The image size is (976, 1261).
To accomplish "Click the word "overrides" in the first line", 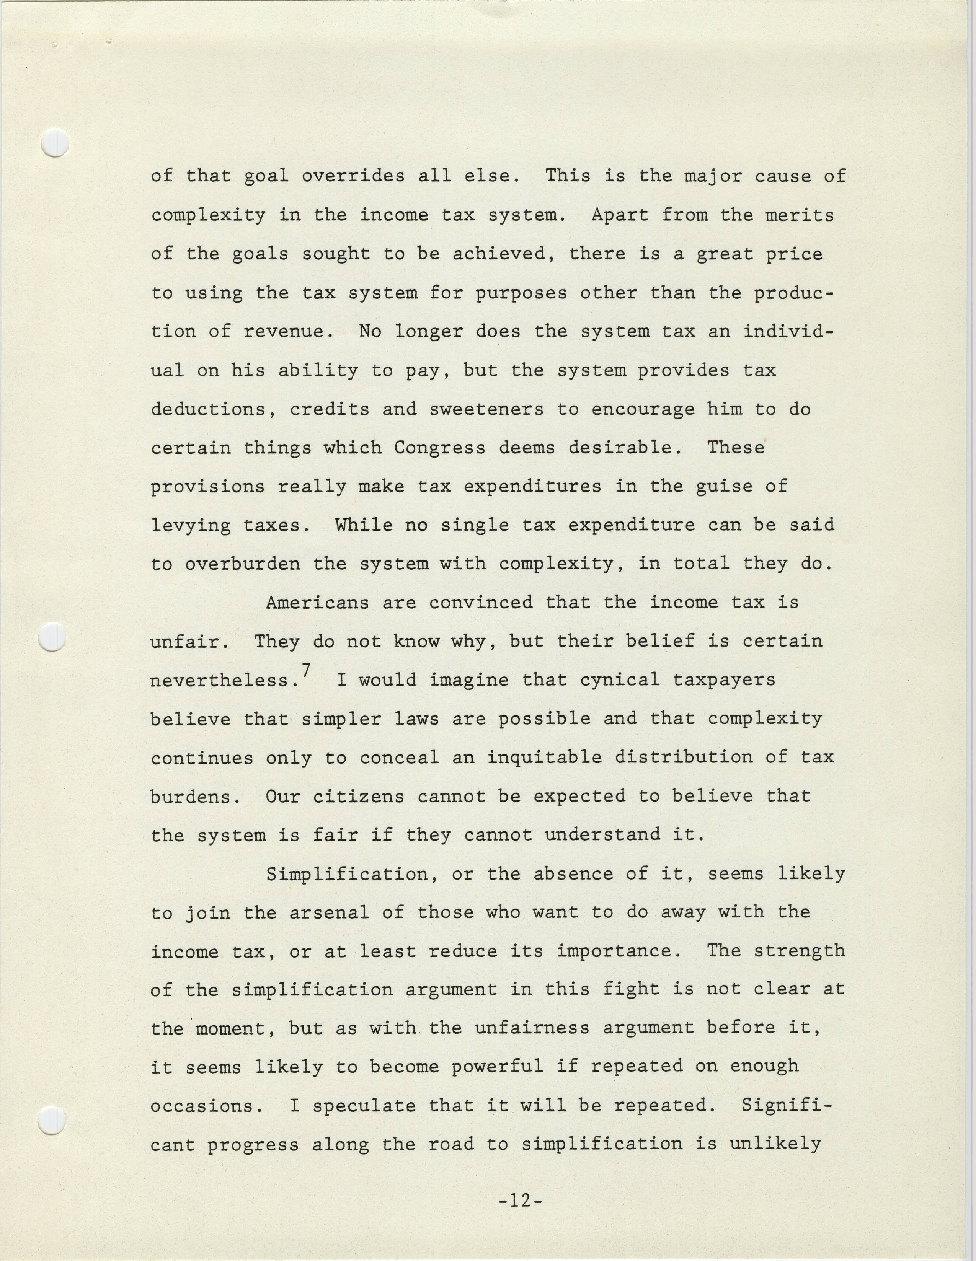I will click(x=353, y=176).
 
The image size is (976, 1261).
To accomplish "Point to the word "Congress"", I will click(x=440, y=448).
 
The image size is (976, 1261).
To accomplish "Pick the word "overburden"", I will click(x=243, y=564).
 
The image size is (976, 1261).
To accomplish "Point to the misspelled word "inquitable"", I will click(x=544, y=757).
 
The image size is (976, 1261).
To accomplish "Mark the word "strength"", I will click(x=800, y=951).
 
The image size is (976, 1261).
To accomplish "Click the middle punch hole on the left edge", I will click(x=51, y=637).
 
